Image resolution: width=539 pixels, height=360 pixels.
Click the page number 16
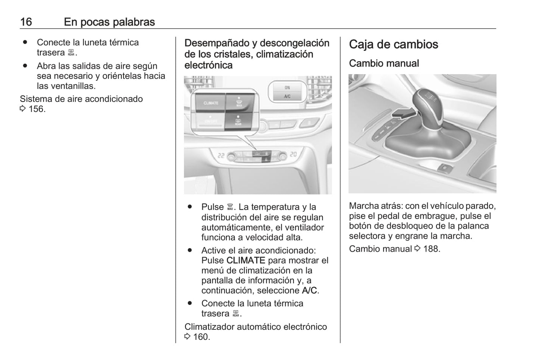(x=26, y=22)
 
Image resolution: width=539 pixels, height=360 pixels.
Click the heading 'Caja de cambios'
(x=393, y=44)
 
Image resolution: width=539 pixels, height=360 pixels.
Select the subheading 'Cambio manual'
(x=384, y=63)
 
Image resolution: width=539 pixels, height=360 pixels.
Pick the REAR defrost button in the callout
(x=238, y=121)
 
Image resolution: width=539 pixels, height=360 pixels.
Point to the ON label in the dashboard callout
(x=287, y=88)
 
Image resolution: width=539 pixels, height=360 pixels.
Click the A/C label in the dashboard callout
(x=287, y=97)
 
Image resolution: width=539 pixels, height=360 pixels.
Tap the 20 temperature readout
(x=294, y=154)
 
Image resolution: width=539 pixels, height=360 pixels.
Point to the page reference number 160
(x=201, y=337)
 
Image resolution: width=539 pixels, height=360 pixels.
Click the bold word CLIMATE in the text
(x=245, y=260)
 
